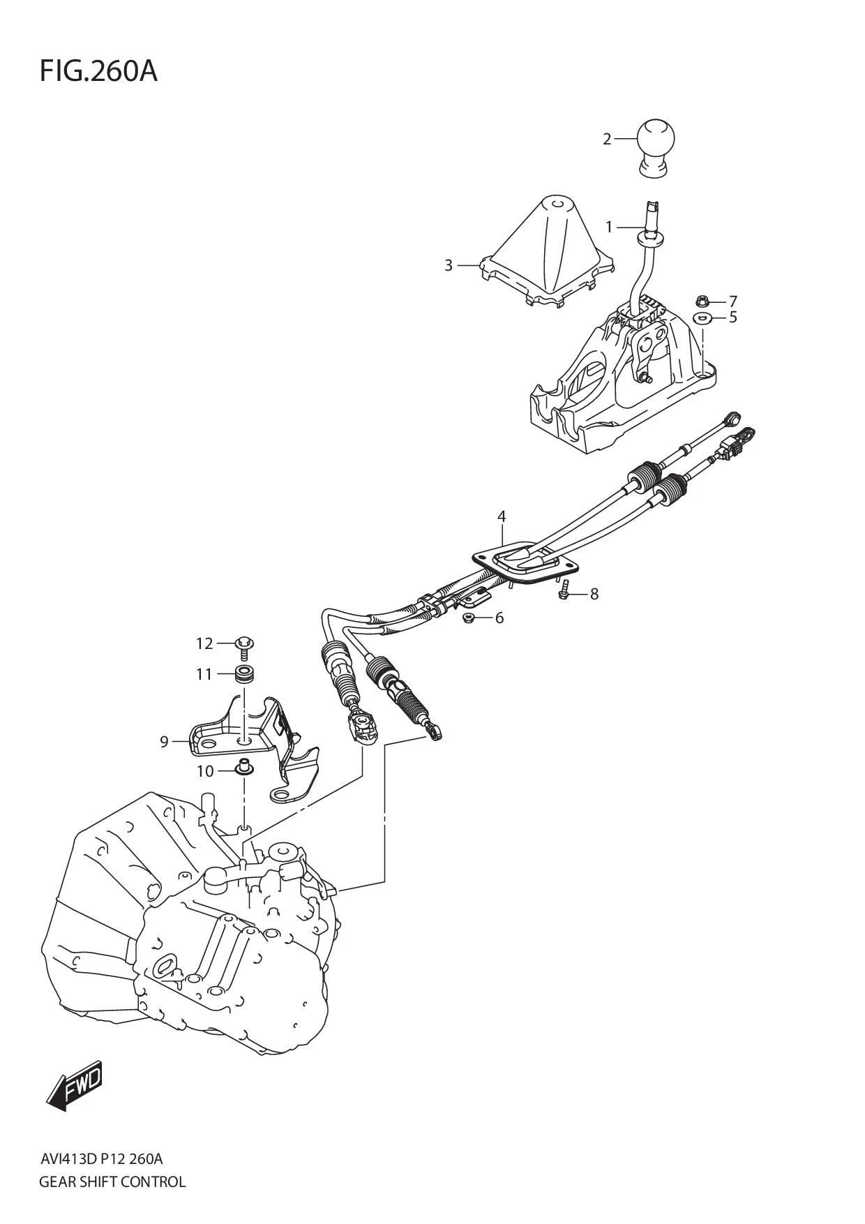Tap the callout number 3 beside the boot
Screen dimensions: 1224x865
point(449,265)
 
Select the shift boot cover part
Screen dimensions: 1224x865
point(551,251)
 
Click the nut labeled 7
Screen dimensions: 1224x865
point(702,301)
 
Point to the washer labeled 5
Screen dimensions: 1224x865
point(702,318)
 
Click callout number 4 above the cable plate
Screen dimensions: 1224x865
point(502,517)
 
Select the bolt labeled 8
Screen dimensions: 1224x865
point(565,593)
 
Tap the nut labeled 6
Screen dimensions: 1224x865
point(469,618)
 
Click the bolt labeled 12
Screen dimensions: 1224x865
point(244,645)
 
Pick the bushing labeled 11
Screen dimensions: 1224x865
point(244,675)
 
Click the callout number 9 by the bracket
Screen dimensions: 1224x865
point(165,741)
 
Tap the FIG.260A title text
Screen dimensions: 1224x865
point(98,71)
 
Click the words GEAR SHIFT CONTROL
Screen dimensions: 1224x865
point(112,1181)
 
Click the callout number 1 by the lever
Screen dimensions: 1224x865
point(608,227)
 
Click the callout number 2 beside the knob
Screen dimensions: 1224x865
point(607,140)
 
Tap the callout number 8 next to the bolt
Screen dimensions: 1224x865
point(594,594)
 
